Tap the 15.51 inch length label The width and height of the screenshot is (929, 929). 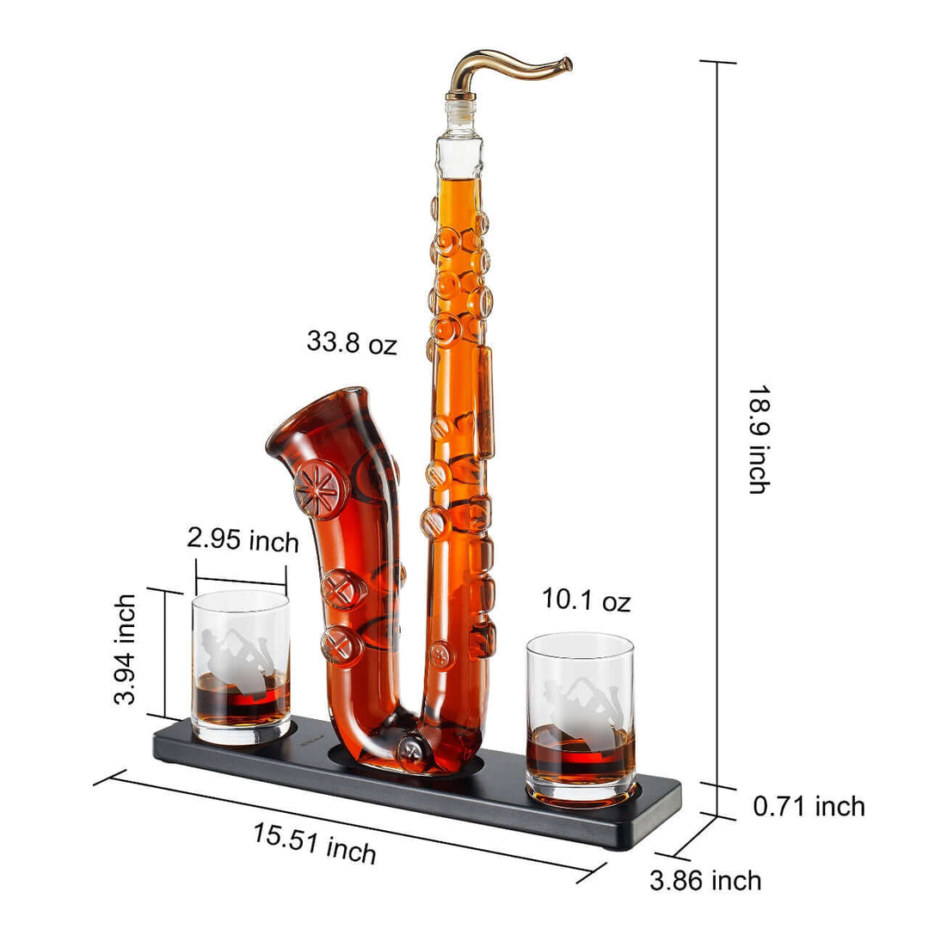point(315,842)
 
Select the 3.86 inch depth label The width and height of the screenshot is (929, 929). point(705,880)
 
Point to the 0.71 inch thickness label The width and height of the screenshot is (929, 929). point(809,806)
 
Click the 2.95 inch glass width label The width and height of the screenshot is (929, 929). point(243,541)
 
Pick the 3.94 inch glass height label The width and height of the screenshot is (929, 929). point(126,649)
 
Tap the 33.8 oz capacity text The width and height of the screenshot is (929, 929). point(352,342)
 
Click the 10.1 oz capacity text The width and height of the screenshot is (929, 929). point(586,600)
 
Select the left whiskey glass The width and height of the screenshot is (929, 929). point(241,667)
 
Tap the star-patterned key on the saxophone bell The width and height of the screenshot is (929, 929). point(321,489)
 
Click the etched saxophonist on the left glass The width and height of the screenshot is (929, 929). point(233,658)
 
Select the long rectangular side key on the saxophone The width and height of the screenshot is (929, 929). point(486,400)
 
